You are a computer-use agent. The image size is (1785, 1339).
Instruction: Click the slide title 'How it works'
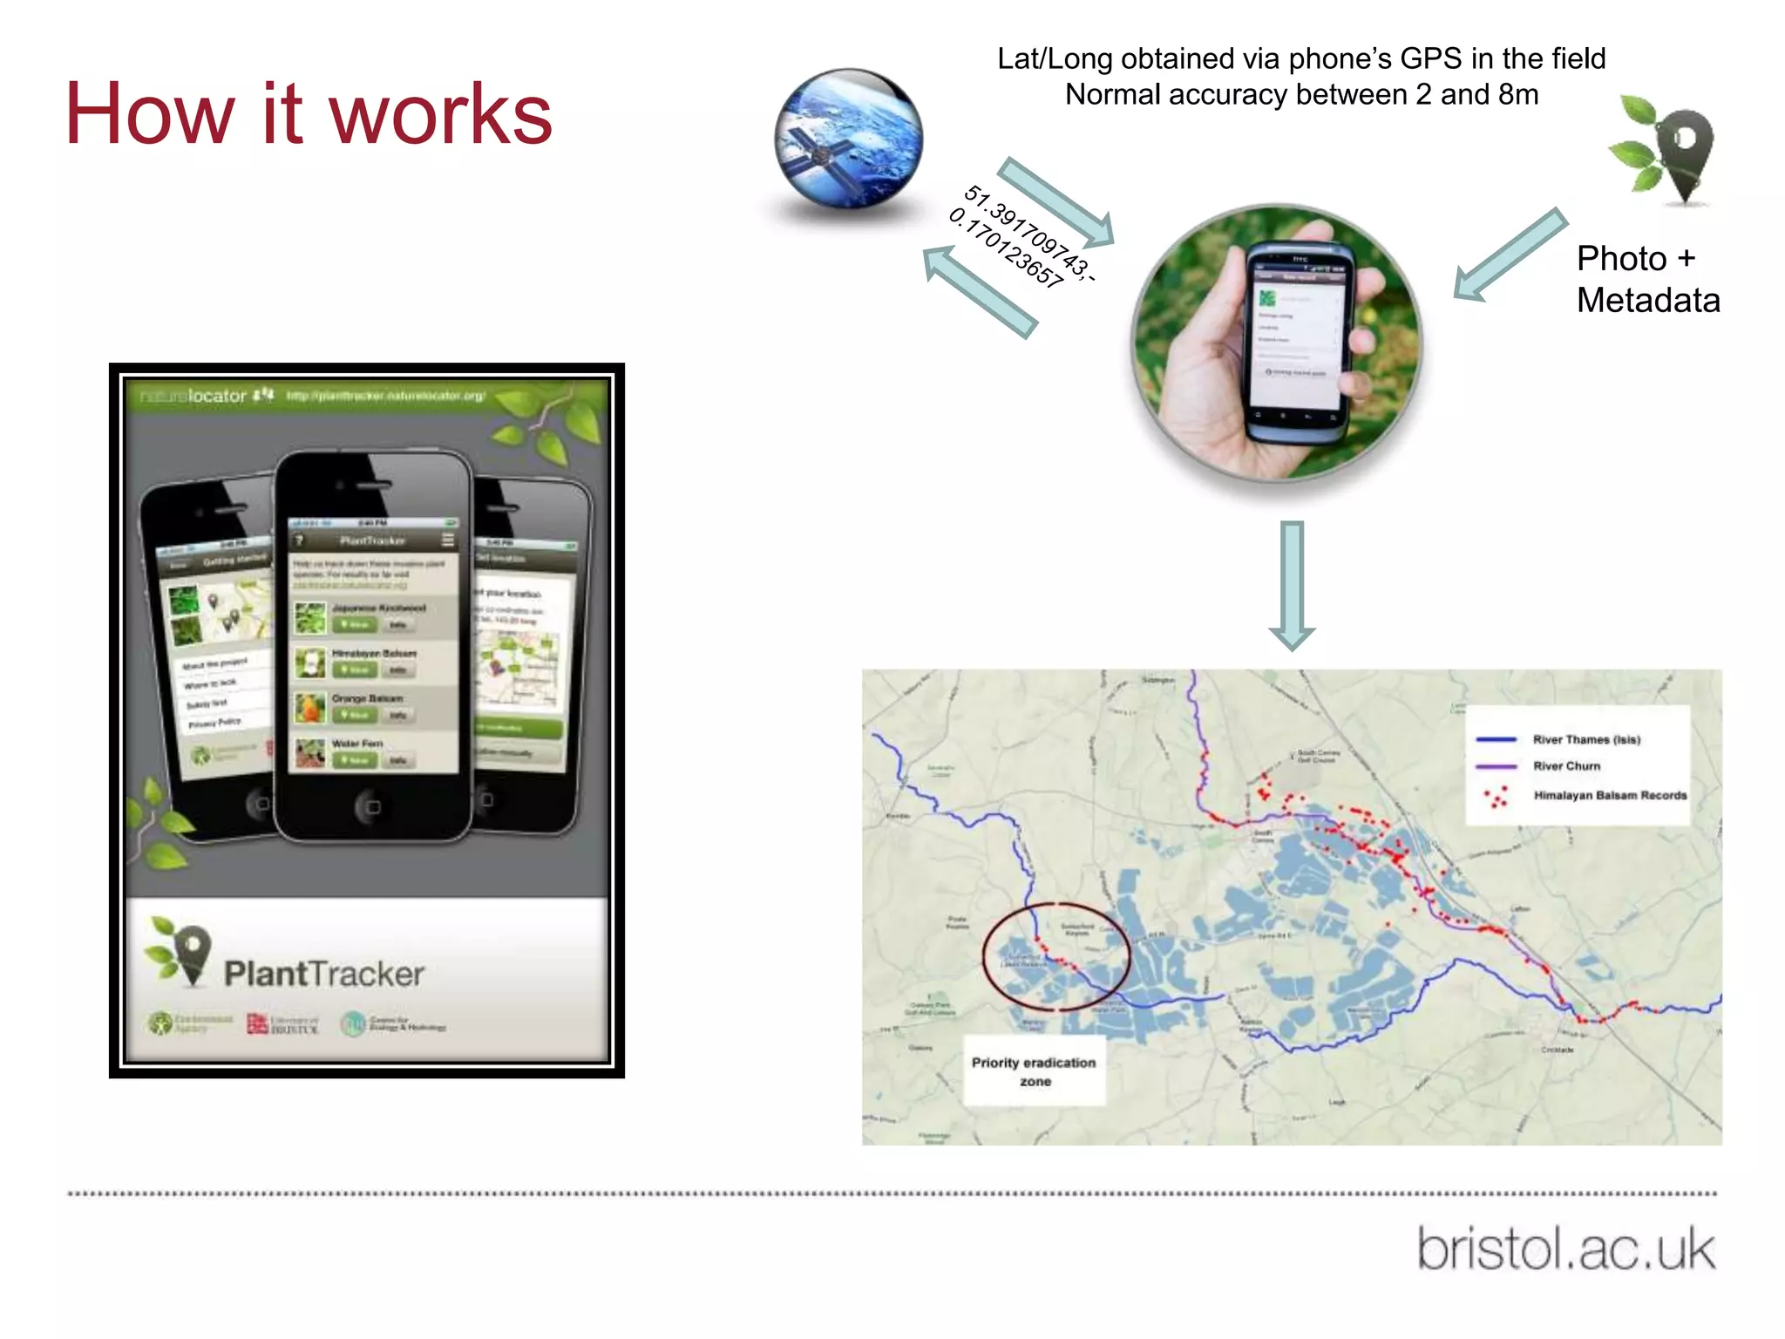point(309,114)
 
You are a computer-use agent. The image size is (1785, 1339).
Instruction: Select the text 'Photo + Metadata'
point(1647,279)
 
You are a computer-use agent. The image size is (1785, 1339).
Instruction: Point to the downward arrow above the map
point(1292,584)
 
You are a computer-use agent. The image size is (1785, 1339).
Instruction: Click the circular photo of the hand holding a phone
point(1277,342)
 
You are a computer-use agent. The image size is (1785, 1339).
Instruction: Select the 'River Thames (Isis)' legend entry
point(1586,739)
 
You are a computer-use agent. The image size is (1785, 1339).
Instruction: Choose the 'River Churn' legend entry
point(1566,766)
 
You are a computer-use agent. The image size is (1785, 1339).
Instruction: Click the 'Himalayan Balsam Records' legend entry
point(1609,795)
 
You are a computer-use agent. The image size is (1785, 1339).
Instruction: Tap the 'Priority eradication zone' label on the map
point(1034,1071)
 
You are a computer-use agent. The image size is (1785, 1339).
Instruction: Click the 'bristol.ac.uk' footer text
point(1565,1248)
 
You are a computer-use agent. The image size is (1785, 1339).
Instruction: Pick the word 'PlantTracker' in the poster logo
point(323,974)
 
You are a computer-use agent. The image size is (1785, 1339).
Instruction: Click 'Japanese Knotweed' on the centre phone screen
point(378,608)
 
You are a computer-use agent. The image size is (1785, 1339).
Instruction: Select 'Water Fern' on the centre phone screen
point(357,744)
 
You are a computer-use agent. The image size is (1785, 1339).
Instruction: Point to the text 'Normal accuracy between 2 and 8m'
point(1301,94)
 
